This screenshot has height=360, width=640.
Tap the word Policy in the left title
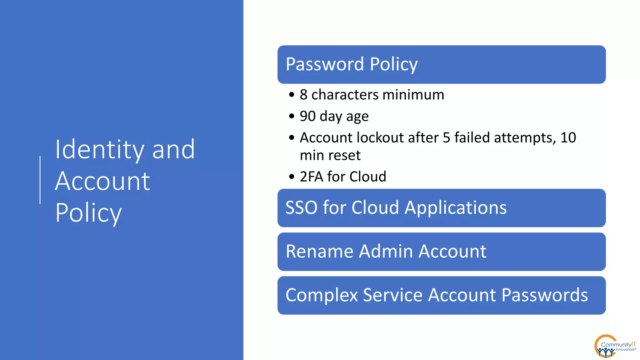88,213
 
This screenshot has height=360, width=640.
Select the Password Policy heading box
441,64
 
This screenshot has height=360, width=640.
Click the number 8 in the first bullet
303,95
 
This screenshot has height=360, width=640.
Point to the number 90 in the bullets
307,116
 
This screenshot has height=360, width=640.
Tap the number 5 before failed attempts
447,138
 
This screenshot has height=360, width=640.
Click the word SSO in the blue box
301,207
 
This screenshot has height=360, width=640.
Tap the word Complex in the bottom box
322,295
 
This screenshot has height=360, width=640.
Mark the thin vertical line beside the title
40,180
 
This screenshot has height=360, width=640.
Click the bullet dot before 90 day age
292,117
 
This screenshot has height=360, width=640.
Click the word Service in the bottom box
393,295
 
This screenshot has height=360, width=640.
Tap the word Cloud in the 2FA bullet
368,177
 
